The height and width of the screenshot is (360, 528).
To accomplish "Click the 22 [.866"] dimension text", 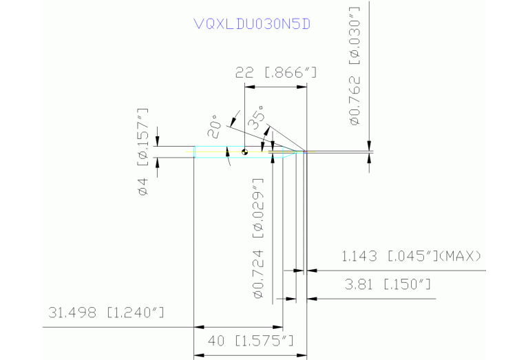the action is pyautogui.click(x=275, y=72).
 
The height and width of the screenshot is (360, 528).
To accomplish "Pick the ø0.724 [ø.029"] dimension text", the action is pyautogui.click(x=259, y=238).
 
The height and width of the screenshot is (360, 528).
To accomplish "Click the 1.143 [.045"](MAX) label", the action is pyautogui.click(x=411, y=256).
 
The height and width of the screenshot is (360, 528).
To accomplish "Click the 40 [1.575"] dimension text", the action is pyautogui.click(x=251, y=341).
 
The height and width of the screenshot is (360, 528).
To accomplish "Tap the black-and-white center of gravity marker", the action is pyautogui.click(x=244, y=151).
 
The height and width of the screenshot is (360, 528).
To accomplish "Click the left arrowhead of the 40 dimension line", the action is pyautogui.click(x=198, y=354).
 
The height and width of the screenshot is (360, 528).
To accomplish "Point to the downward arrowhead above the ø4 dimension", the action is pyautogui.click(x=158, y=142).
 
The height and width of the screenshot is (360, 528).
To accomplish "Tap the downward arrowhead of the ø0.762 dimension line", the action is pyautogui.click(x=370, y=143).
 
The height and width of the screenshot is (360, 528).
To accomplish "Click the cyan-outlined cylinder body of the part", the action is pyautogui.click(x=220, y=152).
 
